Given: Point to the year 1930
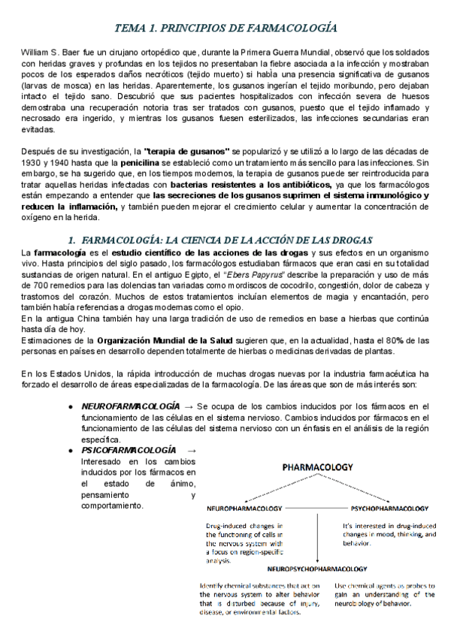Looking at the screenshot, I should coord(32,162).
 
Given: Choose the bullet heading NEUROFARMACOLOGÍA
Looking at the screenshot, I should coord(130,406).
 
